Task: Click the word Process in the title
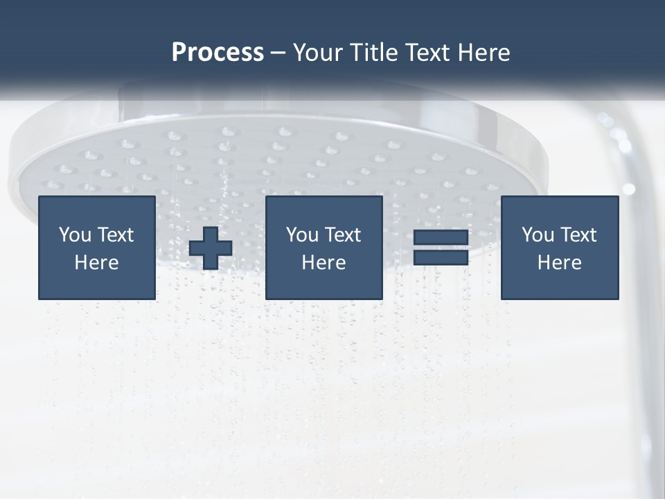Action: (218, 53)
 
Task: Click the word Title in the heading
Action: (374, 53)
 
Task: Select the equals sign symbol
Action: (441, 247)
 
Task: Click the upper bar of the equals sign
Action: (441, 238)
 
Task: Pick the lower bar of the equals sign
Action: (441, 257)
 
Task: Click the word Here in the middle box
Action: (323, 263)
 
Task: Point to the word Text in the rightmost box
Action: (578, 235)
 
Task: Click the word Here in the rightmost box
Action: (559, 263)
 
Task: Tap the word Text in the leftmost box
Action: (115, 235)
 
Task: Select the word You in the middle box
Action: (302, 235)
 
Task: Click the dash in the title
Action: (278, 53)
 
